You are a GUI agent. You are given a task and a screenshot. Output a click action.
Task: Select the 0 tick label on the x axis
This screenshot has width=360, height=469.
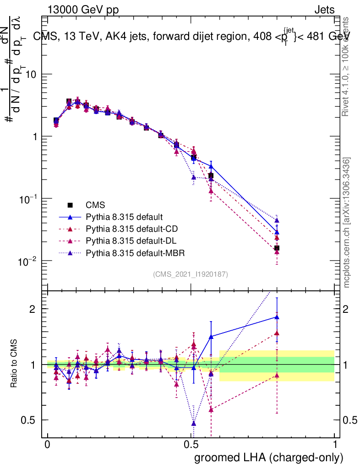click(x=48, y=444)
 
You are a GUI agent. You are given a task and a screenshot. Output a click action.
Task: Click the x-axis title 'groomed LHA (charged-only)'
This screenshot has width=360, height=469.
click(x=269, y=457)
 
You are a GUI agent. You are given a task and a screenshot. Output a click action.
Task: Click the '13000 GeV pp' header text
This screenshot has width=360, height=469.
click(x=82, y=10)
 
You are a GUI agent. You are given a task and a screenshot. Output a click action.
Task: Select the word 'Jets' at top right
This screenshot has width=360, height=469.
click(x=324, y=10)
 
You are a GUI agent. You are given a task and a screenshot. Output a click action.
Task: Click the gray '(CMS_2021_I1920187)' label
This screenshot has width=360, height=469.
click(x=191, y=274)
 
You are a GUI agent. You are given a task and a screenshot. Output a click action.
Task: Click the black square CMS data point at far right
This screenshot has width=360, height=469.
click(x=277, y=248)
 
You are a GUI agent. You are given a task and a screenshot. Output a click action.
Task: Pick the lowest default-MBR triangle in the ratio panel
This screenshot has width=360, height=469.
click(x=194, y=423)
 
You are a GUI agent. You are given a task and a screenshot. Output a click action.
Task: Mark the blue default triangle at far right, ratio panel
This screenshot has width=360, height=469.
click(x=277, y=316)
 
